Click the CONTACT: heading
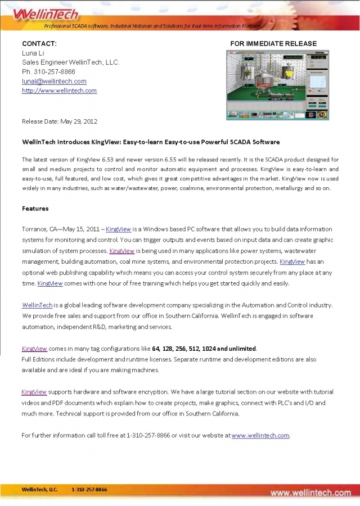[39, 43]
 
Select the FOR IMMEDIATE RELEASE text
[273, 43]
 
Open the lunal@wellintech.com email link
[54, 81]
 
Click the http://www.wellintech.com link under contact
[59, 91]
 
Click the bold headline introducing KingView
[151, 142]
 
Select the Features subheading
[35, 209]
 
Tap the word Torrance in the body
[35, 229]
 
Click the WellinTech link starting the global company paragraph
[38, 305]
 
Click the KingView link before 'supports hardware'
[34, 391]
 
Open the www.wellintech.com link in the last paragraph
[260, 435]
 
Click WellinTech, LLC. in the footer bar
[40, 490]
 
